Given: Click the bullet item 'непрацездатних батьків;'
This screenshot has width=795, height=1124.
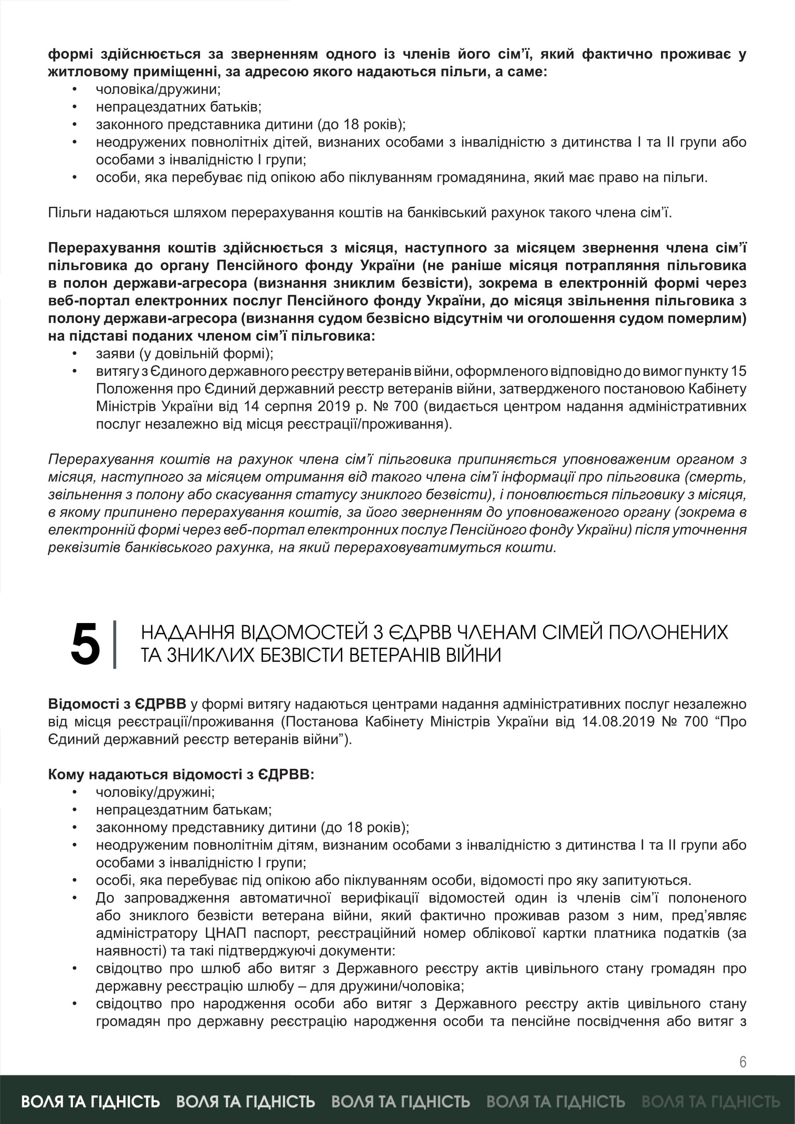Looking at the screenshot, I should pos(178,107).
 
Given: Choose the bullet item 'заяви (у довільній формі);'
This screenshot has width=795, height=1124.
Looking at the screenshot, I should pos(184,354).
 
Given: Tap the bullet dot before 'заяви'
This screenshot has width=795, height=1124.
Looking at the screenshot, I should pos(75,354).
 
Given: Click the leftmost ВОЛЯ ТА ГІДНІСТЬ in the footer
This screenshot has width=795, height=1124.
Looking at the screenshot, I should pos(90,1101).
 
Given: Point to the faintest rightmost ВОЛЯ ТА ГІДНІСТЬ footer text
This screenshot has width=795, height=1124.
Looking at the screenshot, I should pos(710,1101).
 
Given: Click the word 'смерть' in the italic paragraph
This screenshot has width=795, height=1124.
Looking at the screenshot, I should pos(720,477).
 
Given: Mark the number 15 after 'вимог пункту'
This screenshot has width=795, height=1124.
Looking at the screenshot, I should pos(739,371).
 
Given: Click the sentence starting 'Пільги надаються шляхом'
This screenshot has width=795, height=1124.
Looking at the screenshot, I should pos(360,213).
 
